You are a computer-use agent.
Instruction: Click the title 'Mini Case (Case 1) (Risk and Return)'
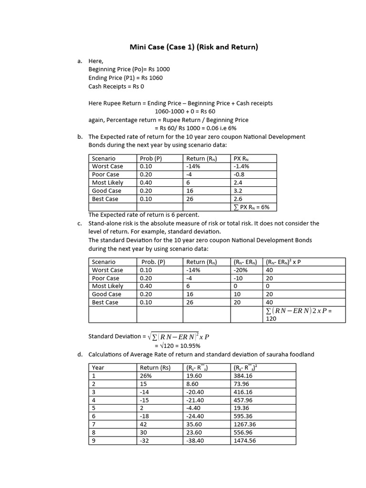pyautogui.click(x=194, y=47)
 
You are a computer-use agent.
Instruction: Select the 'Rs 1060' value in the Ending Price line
pyautogui.click(x=152, y=78)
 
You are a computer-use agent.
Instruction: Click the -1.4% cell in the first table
pyautogui.click(x=242, y=166)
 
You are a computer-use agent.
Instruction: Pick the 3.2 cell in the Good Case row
pyautogui.click(x=238, y=191)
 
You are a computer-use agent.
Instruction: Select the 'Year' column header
pyautogui.click(x=98, y=367)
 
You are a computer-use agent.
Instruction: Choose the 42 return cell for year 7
pyautogui.click(x=143, y=424)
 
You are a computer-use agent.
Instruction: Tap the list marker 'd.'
pyautogui.click(x=80, y=354)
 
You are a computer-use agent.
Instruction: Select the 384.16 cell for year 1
pyautogui.click(x=243, y=376)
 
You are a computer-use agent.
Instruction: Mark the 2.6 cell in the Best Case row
pyautogui.click(x=238, y=199)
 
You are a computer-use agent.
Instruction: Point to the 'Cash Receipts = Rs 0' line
pyautogui.click(x=116, y=86)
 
